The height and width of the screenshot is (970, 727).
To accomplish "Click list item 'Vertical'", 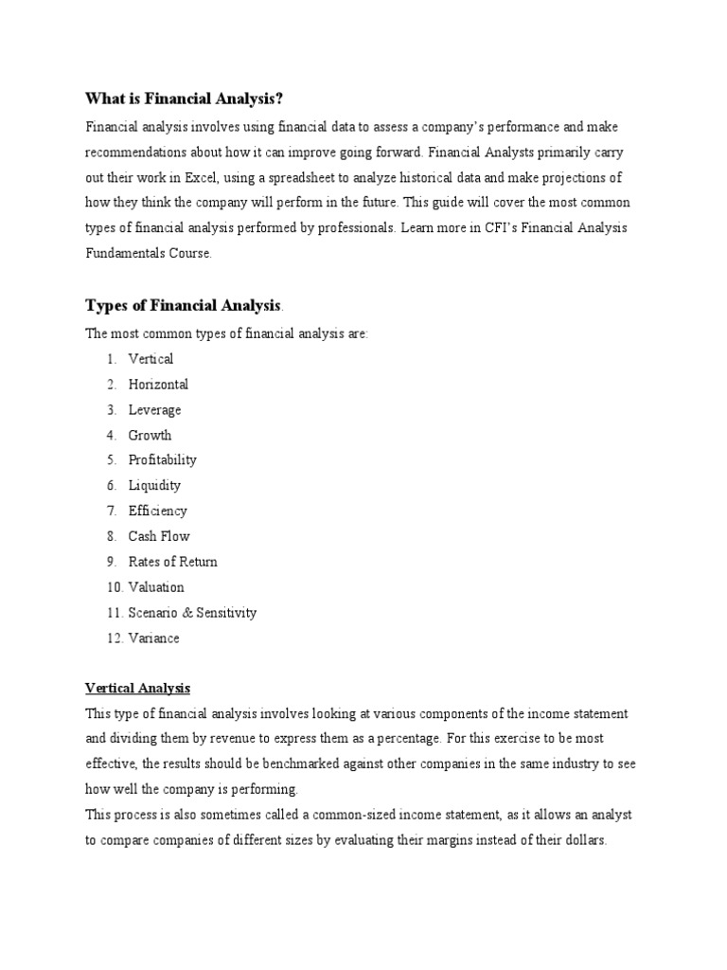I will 151,358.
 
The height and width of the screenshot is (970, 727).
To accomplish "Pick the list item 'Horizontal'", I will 158,384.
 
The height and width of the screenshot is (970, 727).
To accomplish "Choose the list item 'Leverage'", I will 154,409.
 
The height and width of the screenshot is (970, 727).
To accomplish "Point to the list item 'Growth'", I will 150,435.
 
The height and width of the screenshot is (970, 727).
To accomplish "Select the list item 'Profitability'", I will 162,459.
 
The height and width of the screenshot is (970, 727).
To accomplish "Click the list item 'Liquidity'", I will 154,485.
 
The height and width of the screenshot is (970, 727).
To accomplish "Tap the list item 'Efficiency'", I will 157,511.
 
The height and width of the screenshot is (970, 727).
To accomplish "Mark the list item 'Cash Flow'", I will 159,536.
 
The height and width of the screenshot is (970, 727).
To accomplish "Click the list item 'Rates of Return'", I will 172,562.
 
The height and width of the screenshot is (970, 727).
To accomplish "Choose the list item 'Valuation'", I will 156,587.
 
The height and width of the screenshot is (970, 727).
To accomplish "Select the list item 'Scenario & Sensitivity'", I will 192,613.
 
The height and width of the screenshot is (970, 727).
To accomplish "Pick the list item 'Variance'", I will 153,638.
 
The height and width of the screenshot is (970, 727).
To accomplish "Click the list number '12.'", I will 115,638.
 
